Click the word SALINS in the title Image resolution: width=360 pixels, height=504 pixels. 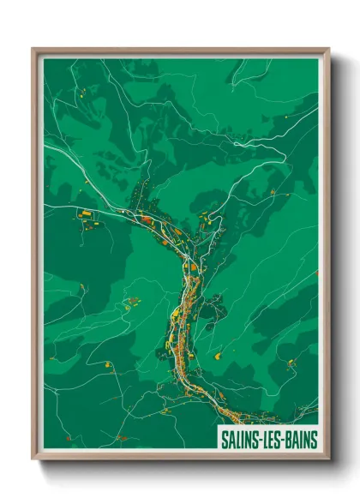coord(240,441)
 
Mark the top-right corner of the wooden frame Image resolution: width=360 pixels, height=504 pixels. coord(328,49)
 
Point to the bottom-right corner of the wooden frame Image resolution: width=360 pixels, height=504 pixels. coord(328,459)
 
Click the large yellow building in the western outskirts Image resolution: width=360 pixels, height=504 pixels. coord(85,213)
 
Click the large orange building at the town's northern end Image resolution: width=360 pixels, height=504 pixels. coord(146,220)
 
